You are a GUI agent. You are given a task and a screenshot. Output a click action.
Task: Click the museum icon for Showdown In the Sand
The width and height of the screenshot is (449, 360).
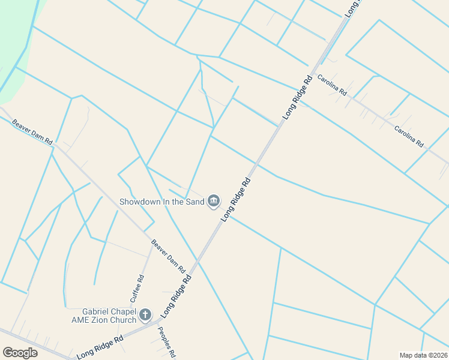[213, 201]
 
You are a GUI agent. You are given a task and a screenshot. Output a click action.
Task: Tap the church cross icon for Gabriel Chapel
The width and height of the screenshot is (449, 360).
[145, 314]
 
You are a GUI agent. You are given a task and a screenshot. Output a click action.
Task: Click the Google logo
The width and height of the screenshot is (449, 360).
[20, 353]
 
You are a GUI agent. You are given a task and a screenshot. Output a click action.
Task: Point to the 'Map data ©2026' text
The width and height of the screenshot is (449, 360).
[423, 355]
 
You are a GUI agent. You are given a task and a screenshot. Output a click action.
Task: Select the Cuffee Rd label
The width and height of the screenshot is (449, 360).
[137, 288]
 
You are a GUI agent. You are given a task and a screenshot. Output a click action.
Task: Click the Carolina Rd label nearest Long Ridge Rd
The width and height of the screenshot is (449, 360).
[332, 85]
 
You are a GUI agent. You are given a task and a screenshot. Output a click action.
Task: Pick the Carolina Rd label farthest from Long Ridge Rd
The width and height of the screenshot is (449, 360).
[409, 136]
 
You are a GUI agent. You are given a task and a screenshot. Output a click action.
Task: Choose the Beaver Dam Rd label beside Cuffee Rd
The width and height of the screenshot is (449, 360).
[168, 256]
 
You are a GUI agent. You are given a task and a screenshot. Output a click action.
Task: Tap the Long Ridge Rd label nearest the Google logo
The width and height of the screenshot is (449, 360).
[100, 347]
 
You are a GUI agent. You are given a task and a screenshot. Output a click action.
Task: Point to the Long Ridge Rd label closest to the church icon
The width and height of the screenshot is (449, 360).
[176, 296]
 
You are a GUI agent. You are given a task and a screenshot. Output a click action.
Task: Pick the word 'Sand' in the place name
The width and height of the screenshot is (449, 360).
[194, 202]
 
